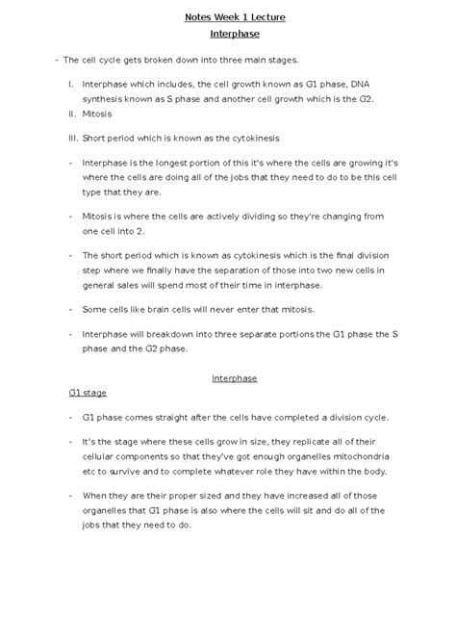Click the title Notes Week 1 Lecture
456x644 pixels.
228,17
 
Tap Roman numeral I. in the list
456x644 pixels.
70,85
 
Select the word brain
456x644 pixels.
154,309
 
